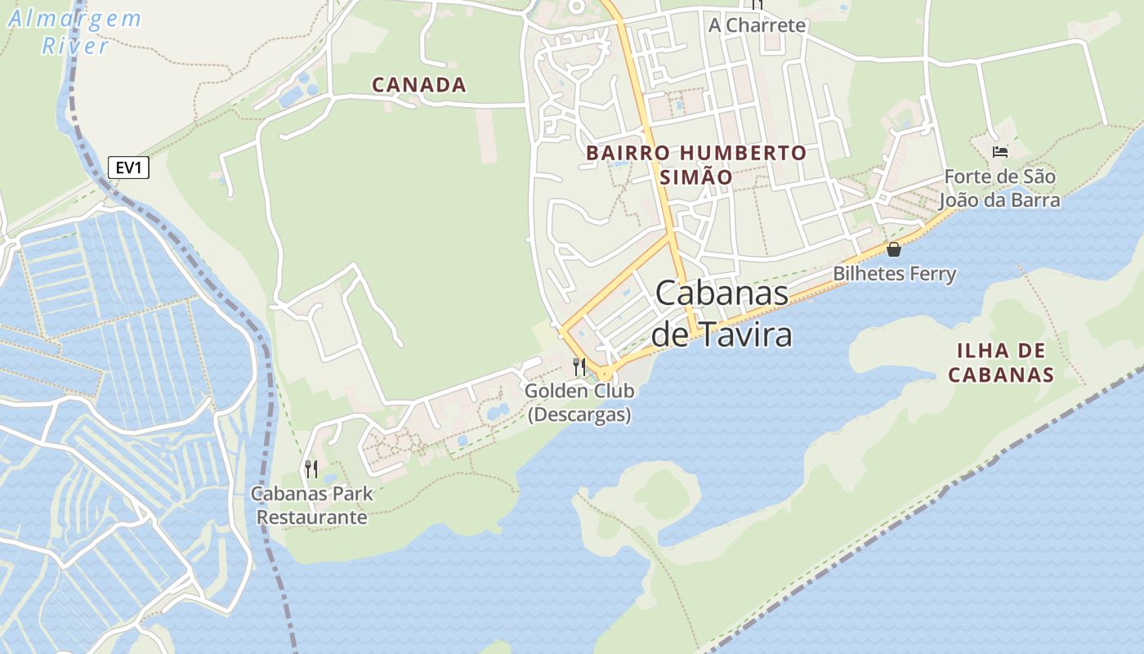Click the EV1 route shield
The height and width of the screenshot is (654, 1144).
click(x=128, y=168)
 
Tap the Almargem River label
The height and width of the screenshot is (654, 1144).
click(x=75, y=31)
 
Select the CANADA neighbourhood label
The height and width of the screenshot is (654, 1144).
click(x=419, y=84)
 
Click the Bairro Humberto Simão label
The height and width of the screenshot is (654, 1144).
click(x=696, y=164)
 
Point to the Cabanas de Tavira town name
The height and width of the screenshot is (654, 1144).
click(x=722, y=314)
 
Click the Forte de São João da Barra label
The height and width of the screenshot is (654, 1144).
click(x=999, y=188)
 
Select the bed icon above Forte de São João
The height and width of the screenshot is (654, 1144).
click(x=999, y=151)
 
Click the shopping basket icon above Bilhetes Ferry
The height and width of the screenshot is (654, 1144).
click(x=894, y=249)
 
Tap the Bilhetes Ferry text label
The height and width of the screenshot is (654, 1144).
click(x=894, y=273)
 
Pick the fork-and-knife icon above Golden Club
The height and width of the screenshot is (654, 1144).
click(x=579, y=366)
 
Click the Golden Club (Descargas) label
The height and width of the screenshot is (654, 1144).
click(x=579, y=402)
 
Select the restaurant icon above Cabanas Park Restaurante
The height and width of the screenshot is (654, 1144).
click(x=311, y=468)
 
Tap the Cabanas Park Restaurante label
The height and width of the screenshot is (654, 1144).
click(x=311, y=505)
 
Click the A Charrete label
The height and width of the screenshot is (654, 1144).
click(x=757, y=25)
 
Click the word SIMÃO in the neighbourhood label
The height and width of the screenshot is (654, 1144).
click(x=696, y=177)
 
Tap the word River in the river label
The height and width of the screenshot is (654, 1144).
click(x=75, y=45)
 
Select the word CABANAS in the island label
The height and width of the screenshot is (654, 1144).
click(x=1001, y=375)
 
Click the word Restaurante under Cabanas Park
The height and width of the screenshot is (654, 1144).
click(x=311, y=517)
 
